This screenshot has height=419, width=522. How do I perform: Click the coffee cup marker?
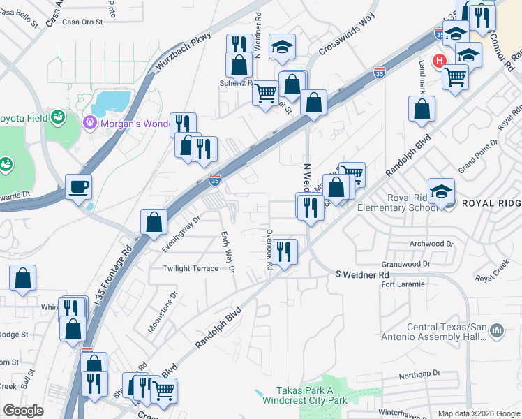coord(78,186)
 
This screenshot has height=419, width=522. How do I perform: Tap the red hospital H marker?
coord(440,61)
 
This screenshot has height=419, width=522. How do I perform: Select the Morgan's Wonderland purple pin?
coord(89,124)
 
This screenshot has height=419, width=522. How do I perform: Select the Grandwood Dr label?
coord(406,265)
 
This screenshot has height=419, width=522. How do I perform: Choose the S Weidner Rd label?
coord(361,275)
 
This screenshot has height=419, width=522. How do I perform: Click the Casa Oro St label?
coord(82,22)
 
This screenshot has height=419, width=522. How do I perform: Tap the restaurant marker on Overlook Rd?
coord(283,251)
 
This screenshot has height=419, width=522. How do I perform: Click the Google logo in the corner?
coord(24,411)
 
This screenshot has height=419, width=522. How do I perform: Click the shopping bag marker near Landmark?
coord(422,110)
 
